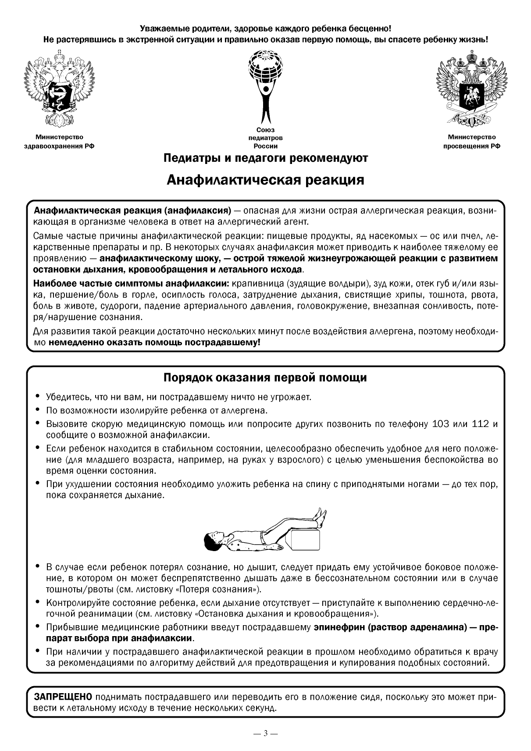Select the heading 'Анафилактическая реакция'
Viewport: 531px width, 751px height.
(265, 180)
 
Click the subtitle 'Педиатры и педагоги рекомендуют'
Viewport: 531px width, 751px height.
(265, 157)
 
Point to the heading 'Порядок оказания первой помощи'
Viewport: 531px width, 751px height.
(265, 377)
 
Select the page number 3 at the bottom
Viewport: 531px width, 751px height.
(265, 733)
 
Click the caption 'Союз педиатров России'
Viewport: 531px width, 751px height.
(265, 138)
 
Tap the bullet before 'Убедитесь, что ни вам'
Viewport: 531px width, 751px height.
(38, 397)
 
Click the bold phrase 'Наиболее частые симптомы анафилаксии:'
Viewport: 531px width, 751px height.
(131, 283)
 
